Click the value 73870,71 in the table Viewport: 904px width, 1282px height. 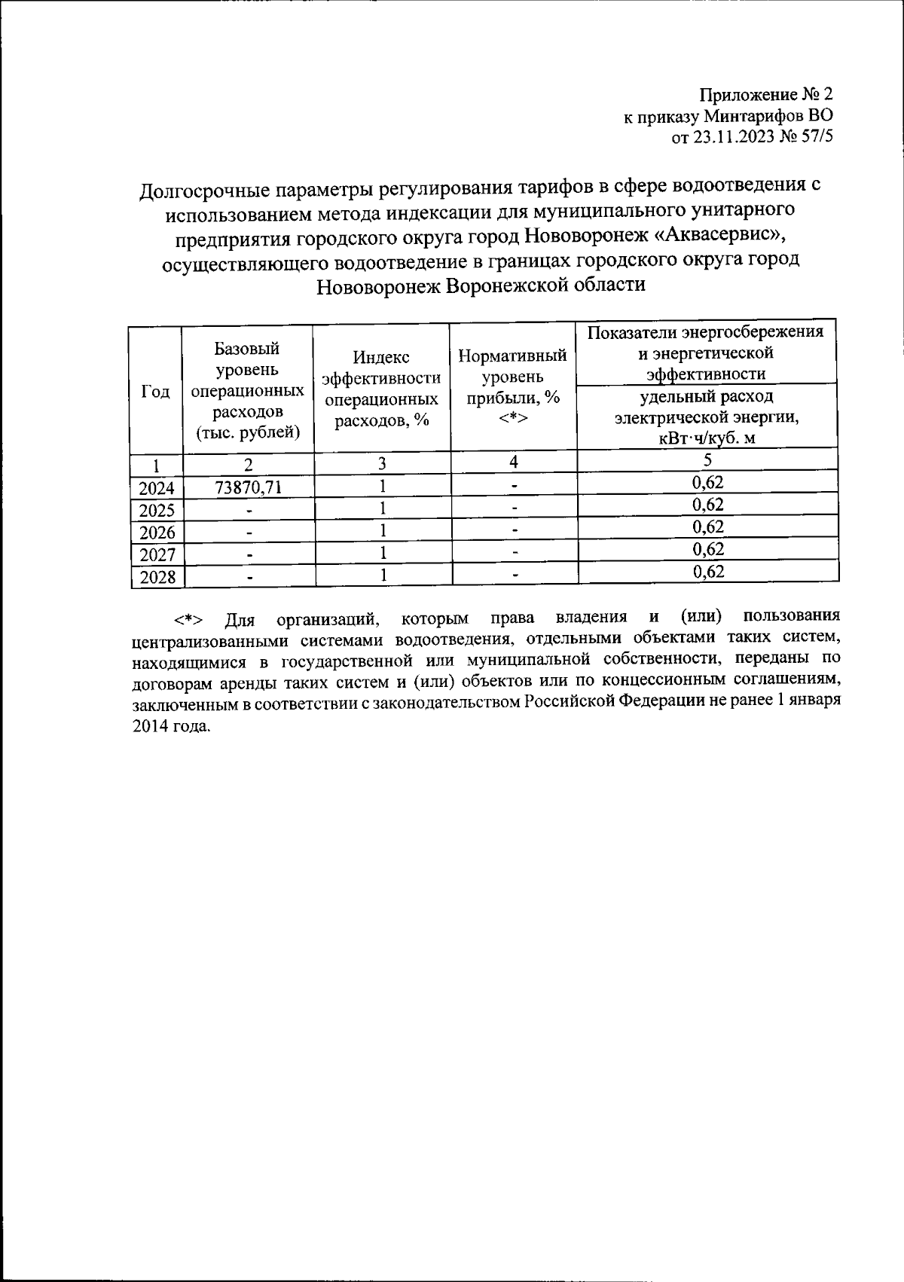point(248,487)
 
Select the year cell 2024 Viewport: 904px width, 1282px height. point(157,488)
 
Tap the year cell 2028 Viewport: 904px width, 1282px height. point(157,577)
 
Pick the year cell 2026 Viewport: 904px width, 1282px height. point(157,533)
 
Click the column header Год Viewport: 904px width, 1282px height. point(155,392)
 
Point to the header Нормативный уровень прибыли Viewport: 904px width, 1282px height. point(512,386)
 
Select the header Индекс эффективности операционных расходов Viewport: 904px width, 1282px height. point(381,389)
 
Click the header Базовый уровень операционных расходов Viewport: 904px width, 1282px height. point(248,390)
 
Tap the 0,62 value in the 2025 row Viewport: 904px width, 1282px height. point(707,504)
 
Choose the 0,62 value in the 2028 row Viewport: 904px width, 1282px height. point(707,571)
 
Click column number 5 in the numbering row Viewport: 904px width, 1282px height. point(707,459)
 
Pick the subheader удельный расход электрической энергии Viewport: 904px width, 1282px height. point(706,417)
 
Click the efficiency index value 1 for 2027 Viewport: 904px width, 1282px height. point(383,554)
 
